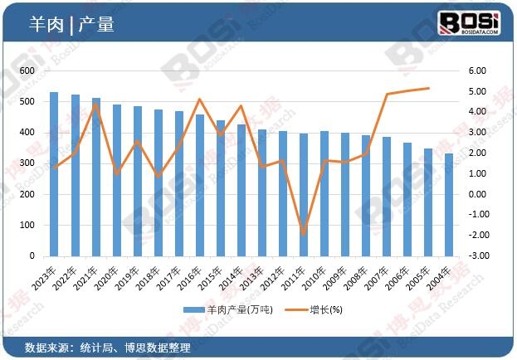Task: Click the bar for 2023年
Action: coord(54,174)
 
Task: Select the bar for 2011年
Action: coord(304,195)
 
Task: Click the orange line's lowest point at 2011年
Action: coord(304,234)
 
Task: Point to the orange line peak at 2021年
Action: coord(95,104)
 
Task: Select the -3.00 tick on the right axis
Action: coord(476,255)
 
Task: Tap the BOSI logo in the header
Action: coord(468,22)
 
